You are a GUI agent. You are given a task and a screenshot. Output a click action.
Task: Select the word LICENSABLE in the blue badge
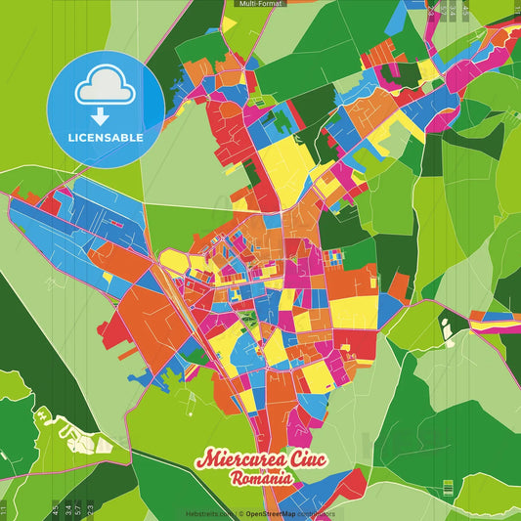point(106,137)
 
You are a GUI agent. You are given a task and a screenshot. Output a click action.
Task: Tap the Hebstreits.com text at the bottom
point(208,512)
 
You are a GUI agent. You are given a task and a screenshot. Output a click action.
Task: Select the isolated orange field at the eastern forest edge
point(399,286)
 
